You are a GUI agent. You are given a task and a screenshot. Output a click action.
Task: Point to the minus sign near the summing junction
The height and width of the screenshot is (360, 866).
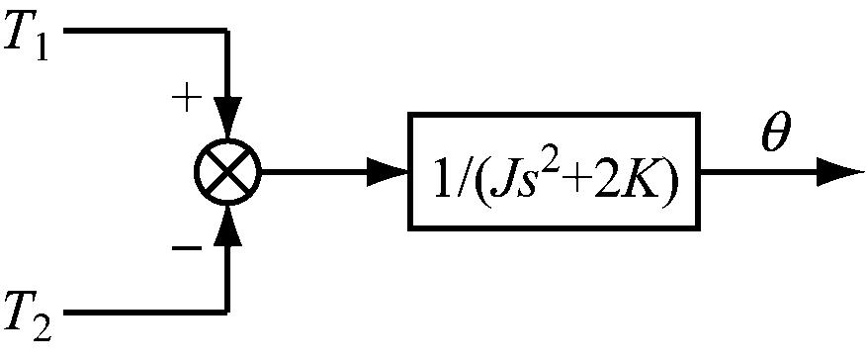tap(185, 246)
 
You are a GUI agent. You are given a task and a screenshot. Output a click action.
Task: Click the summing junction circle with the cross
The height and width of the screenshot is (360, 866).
tap(227, 172)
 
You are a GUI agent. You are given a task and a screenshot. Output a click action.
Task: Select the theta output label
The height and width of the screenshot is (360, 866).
tap(775, 135)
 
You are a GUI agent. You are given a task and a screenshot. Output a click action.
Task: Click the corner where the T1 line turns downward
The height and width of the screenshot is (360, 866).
tap(227, 33)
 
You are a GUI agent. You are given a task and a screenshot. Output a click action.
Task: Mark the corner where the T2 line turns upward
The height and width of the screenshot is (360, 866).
tap(227, 312)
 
